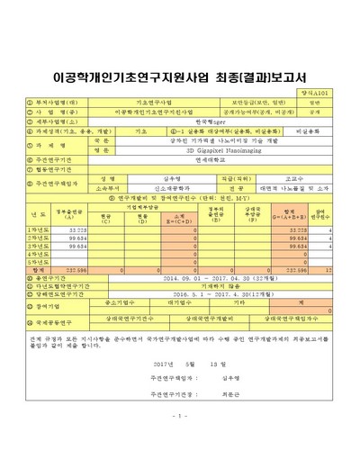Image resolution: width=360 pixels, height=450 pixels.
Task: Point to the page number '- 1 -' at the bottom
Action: [180, 415]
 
